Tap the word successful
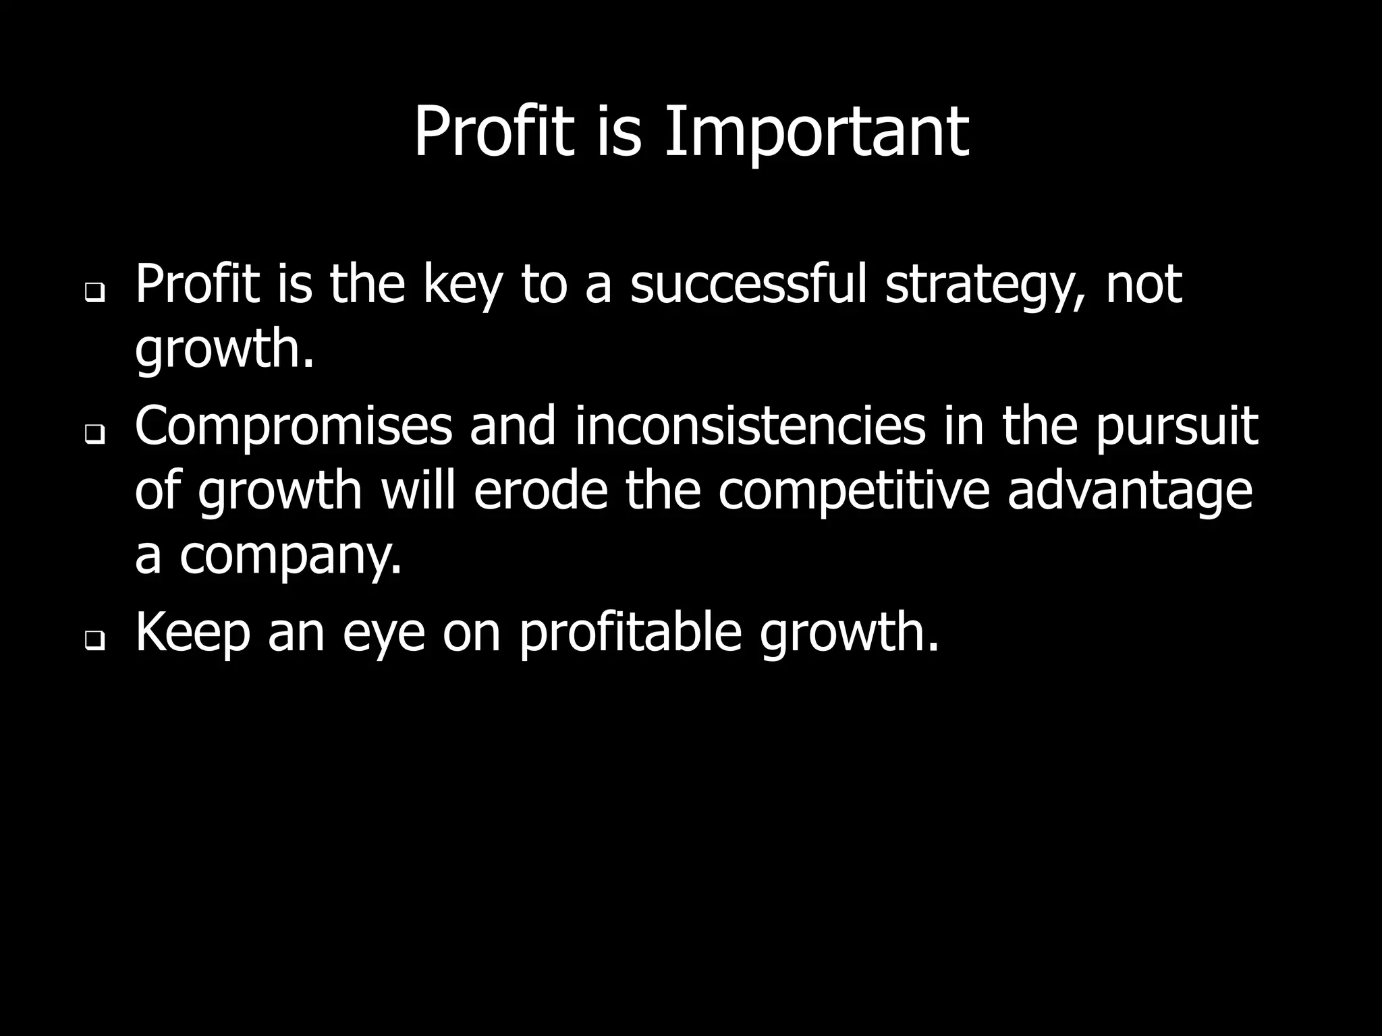coord(748,285)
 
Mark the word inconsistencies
coord(750,426)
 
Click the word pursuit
coord(1176,428)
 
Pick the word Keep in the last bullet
coord(192,634)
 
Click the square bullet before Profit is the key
coord(94,293)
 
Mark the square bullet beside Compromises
coord(94,435)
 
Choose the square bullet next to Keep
coord(94,641)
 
